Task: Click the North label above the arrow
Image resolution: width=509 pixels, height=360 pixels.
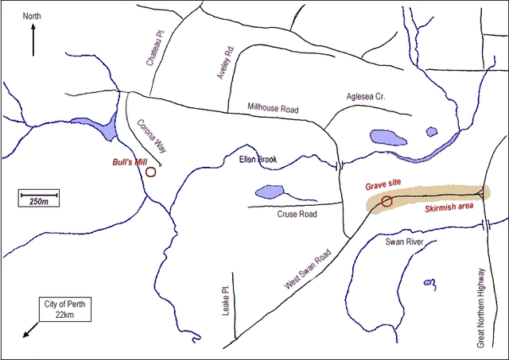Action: click(x=32, y=16)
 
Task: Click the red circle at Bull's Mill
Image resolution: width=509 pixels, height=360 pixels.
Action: click(x=150, y=170)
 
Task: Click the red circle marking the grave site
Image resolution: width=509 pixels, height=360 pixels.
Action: click(x=387, y=201)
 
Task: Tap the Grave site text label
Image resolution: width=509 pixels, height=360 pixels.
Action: click(x=384, y=185)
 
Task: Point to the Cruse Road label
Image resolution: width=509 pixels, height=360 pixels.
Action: click(x=297, y=214)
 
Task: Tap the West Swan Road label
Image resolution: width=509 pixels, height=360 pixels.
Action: click(x=306, y=271)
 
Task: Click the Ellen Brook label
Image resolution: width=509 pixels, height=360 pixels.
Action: click(x=258, y=160)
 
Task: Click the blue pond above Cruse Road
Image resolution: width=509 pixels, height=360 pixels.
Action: click(x=269, y=192)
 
